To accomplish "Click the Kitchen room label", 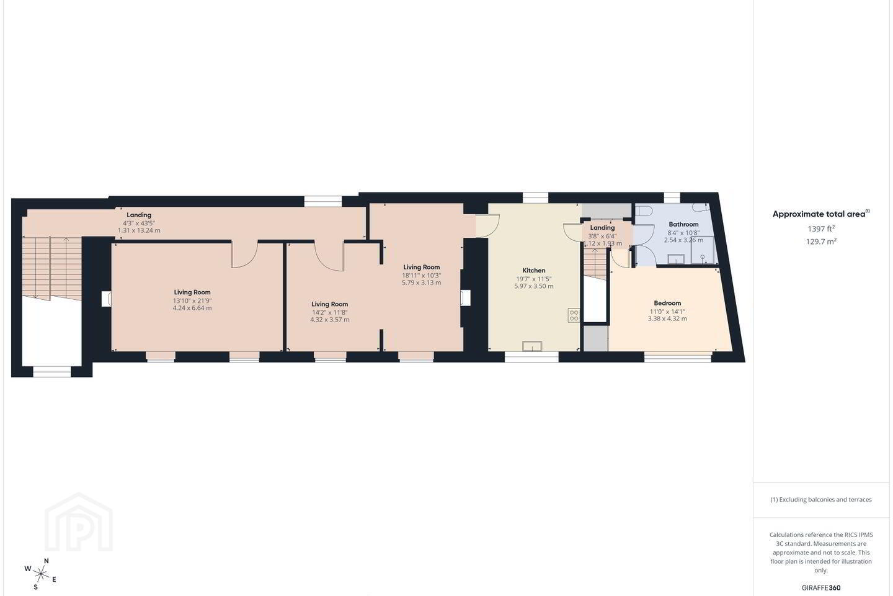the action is pyautogui.click(x=534, y=270).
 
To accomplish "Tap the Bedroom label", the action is pyautogui.click(x=667, y=303).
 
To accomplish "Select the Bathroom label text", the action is pyautogui.click(x=683, y=224).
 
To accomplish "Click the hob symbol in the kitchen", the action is pyautogui.click(x=574, y=315).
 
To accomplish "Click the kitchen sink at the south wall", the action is pyautogui.click(x=532, y=346).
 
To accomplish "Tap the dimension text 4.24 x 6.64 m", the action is pyautogui.click(x=192, y=308).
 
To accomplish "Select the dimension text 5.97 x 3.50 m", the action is pyautogui.click(x=534, y=286).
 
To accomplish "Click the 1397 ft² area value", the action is pyautogui.click(x=821, y=228).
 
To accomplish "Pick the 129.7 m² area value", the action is pyautogui.click(x=821, y=241).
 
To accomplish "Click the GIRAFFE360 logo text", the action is pyautogui.click(x=821, y=587).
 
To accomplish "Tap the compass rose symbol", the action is pyautogui.click(x=41, y=574).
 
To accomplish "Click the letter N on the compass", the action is pyautogui.click(x=47, y=561).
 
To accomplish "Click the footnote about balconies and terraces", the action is pyautogui.click(x=821, y=499).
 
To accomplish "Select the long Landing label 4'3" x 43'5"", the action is pyautogui.click(x=139, y=223).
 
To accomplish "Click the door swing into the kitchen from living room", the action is pyautogui.click(x=488, y=225).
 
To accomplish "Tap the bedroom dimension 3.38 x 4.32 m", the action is pyautogui.click(x=667, y=318).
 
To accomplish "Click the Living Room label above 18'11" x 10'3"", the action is pyautogui.click(x=422, y=267).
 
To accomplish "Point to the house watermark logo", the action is pyautogui.click(x=79, y=522).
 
